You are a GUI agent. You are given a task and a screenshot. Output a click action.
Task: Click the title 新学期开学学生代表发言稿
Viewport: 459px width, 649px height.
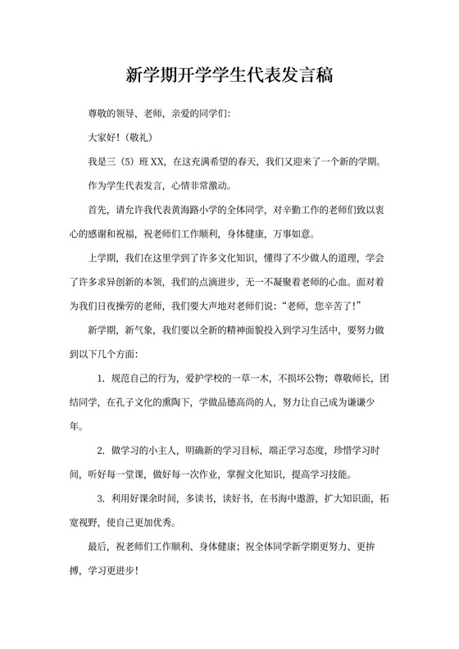pos(229,75)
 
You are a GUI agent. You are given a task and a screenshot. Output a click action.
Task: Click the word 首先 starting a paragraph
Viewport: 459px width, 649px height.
pos(98,208)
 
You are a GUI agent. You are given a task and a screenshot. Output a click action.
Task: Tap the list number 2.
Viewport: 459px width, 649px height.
pos(101,451)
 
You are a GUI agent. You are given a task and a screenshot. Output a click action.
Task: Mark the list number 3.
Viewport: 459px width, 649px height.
pos(101,499)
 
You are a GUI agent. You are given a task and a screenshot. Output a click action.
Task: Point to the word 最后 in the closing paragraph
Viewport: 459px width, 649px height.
pos(98,547)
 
